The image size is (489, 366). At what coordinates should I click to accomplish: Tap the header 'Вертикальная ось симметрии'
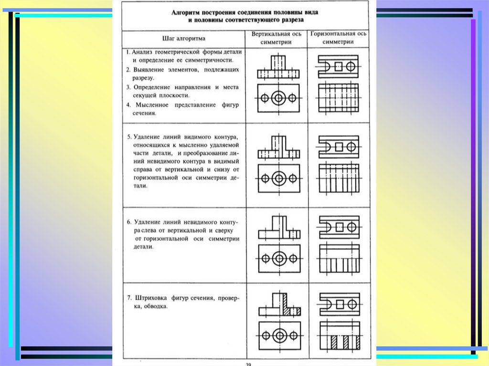pos(276,38)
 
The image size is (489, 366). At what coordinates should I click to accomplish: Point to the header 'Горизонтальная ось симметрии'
pos(339,38)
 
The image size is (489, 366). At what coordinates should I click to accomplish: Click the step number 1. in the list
pos(128,52)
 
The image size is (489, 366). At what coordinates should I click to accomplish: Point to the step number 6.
pos(129,222)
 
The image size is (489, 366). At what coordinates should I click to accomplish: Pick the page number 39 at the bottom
pos(248,364)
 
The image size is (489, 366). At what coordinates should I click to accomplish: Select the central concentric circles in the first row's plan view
pos(278,98)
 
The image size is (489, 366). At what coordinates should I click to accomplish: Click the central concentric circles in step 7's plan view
pos(278,335)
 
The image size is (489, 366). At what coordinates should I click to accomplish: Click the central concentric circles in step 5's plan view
pos(278,178)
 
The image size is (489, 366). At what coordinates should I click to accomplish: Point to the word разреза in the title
pos(291,21)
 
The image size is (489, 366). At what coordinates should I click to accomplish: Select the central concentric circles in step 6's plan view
pos(278,259)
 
